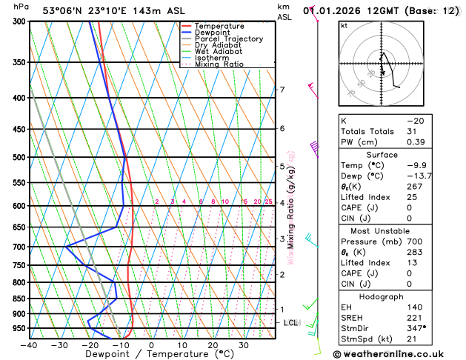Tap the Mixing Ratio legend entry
pyautogui.click(x=219, y=64)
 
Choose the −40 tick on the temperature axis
pyautogui.click(x=28, y=345)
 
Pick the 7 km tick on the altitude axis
pyautogui.click(x=282, y=90)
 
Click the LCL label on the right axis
pyautogui.click(x=291, y=323)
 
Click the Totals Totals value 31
pyautogui.click(x=413, y=131)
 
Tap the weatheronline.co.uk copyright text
pyautogui.click(x=388, y=354)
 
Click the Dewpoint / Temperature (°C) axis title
pyautogui.click(x=151, y=355)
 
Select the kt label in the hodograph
pyautogui.click(x=344, y=26)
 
